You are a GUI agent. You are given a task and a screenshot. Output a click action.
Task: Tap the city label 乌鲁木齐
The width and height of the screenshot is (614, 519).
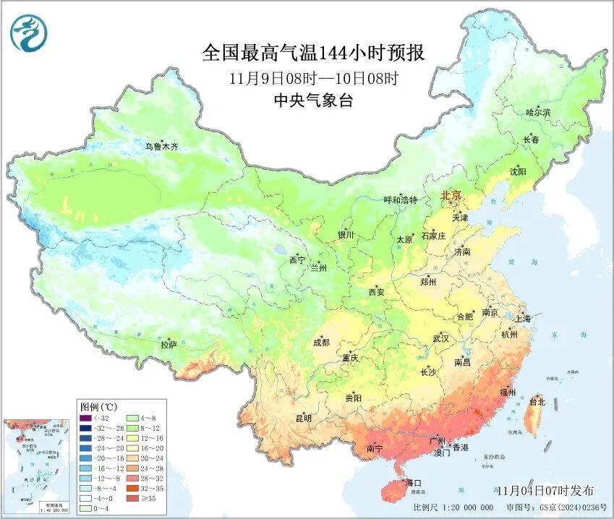(x=161, y=146)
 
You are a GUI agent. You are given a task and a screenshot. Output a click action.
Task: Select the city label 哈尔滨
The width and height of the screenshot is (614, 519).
(x=538, y=112)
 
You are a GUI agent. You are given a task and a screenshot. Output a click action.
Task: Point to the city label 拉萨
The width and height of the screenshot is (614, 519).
(x=169, y=345)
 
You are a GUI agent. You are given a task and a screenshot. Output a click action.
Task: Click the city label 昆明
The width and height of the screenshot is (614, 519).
(x=303, y=418)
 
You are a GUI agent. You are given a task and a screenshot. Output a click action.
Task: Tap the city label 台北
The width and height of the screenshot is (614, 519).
(x=537, y=401)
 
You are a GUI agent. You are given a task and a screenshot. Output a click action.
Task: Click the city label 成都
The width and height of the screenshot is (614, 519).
(x=321, y=342)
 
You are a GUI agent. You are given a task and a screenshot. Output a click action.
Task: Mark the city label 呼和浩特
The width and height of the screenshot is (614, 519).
(x=400, y=200)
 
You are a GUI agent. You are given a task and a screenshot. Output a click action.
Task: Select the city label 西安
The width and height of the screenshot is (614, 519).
(x=377, y=292)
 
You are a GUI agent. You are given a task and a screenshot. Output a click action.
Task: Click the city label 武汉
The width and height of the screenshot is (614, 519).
(x=440, y=338)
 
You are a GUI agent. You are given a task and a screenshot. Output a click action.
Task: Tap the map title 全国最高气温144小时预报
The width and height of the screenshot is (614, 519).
(x=313, y=53)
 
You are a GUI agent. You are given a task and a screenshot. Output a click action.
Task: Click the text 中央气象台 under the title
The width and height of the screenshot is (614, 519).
(x=313, y=101)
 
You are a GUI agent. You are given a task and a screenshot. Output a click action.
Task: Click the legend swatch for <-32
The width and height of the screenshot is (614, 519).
(x=86, y=417)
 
